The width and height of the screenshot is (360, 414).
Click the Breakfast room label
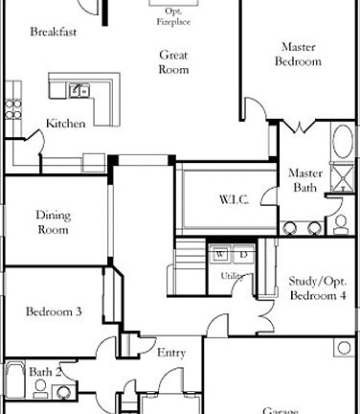click(x=53, y=32)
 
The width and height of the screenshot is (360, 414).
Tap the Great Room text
click(x=173, y=62)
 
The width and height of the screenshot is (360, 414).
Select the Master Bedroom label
click(x=299, y=54)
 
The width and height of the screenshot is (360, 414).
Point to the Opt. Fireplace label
click(x=173, y=14)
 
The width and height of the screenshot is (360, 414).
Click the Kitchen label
click(x=66, y=124)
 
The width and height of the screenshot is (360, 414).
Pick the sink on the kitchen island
click(x=79, y=91)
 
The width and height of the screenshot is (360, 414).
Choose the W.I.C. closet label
click(x=234, y=199)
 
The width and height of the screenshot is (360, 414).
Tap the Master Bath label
click(x=304, y=180)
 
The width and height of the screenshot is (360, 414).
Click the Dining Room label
click(x=54, y=222)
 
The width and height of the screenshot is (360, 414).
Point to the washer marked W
click(x=220, y=256)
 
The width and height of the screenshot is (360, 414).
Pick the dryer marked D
click(x=242, y=256)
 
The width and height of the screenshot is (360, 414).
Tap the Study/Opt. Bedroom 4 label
click(x=317, y=288)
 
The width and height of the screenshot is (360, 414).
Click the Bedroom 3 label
click(x=54, y=311)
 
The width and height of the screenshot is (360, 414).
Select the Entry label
click(x=171, y=353)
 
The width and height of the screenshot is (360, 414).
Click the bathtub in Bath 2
click(x=13, y=379)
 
